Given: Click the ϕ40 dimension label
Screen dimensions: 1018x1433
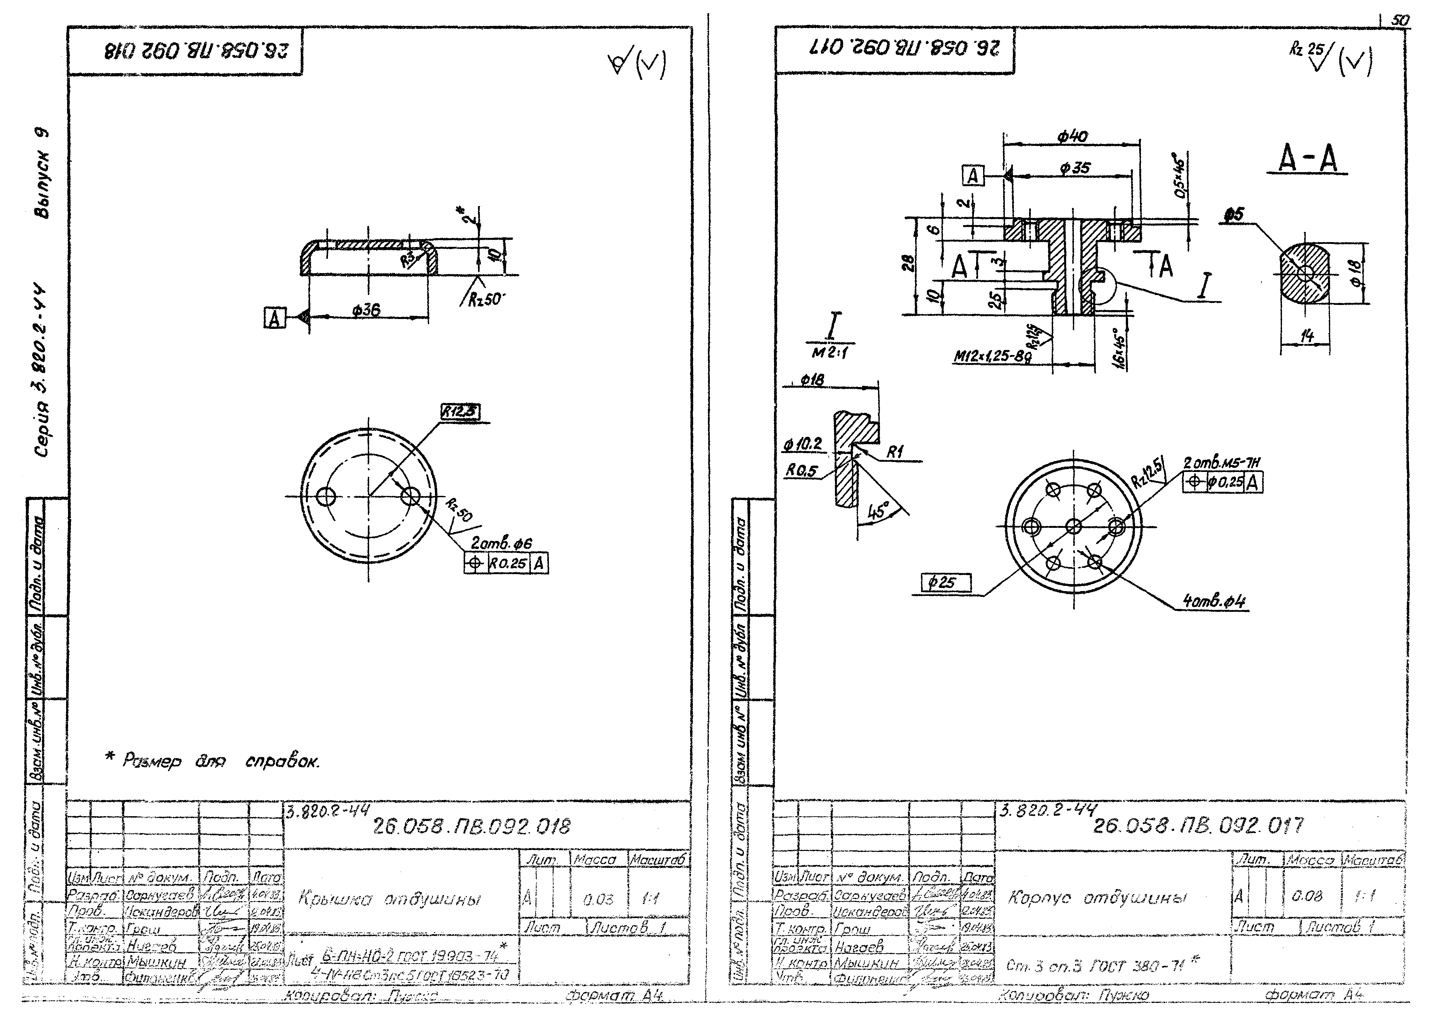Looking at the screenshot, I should coord(1073,136).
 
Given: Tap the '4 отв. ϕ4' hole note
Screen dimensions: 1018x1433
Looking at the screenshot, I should coord(1214,601).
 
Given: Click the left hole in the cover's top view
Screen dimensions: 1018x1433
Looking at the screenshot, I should coord(326,497).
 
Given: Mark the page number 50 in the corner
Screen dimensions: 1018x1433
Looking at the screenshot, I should coord(1399,21).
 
